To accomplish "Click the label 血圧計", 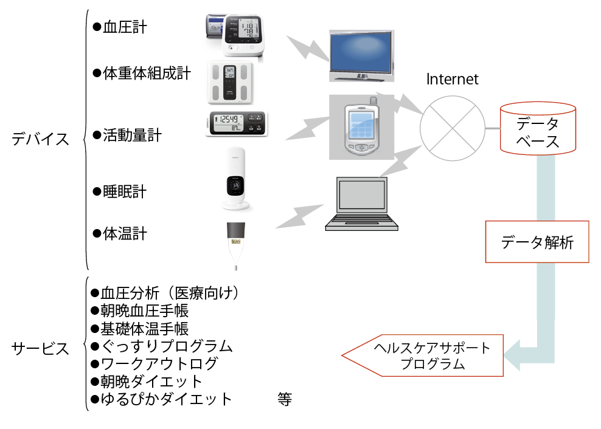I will pyautogui.click(x=125, y=27).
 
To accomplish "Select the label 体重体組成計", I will pyautogui.click(x=147, y=74).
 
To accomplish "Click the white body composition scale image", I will pyautogui.click(x=229, y=83).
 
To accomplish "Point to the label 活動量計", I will pyautogui.click(x=132, y=135).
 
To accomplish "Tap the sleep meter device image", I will pyautogui.click(x=237, y=179).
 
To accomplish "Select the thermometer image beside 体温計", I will pyautogui.click(x=235, y=244).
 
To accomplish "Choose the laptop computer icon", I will pyautogui.click(x=361, y=204).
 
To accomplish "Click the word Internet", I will pyautogui.click(x=452, y=79).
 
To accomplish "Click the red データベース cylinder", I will pyautogui.click(x=537, y=129).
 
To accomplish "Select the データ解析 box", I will pyautogui.click(x=537, y=242).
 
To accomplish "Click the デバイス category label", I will pyautogui.click(x=41, y=139).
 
